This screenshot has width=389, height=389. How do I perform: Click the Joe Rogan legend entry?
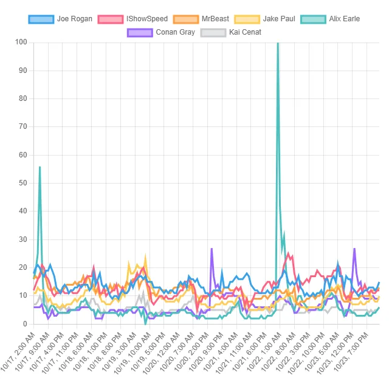coord(60,19)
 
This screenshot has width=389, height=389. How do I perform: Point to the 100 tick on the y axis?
coord(21,42)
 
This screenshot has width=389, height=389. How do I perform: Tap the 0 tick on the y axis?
coord(25,324)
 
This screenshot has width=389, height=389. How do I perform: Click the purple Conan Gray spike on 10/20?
coord(212,249)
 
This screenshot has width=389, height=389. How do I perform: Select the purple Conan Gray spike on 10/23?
coord(354,249)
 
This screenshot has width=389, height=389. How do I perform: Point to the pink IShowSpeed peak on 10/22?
coord(288,254)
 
